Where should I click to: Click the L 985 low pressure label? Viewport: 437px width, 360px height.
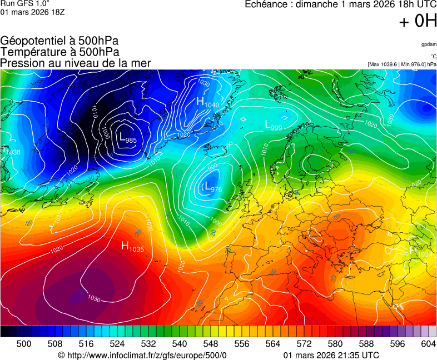coord(127,138)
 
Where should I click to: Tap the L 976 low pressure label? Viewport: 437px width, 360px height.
coord(213,188)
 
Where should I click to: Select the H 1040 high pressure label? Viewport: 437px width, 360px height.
coord(207,103)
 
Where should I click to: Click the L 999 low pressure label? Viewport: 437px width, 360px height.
coord(273,126)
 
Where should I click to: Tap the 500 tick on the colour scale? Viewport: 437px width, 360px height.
coord(24,344)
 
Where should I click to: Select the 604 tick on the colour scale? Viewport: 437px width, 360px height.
coord(428,344)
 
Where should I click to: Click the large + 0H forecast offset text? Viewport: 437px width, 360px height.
coord(418,21)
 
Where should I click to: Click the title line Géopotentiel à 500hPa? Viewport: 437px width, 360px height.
coord(59,41)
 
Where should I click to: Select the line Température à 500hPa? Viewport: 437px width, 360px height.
coord(59,52)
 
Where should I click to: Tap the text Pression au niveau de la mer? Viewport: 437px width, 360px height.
coord(76,63)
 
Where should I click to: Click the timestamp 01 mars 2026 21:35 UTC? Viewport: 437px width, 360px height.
coord(331,355)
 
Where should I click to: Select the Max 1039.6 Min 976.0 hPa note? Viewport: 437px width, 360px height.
coord(401,64)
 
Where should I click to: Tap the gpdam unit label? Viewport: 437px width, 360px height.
coord(428,44)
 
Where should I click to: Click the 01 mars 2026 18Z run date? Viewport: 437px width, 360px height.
coord(32,12)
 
